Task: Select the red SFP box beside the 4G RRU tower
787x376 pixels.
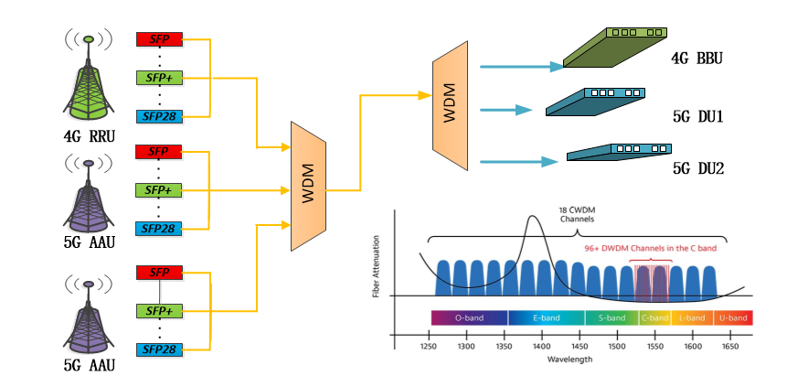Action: (158, 38)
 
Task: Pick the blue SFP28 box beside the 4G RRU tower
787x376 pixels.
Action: (159, 116)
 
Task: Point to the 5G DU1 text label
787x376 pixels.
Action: (698, 117)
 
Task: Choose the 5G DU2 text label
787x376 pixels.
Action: (698, 167)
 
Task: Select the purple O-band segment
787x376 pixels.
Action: (469, 317)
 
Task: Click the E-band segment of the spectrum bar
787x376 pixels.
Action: (547, 317)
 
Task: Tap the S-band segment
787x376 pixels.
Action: (612, 317)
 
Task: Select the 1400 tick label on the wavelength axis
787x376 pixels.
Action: (542, 347)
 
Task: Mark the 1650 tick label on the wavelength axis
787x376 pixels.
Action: (731, 347)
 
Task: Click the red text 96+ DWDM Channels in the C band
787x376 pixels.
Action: (650, 247)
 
